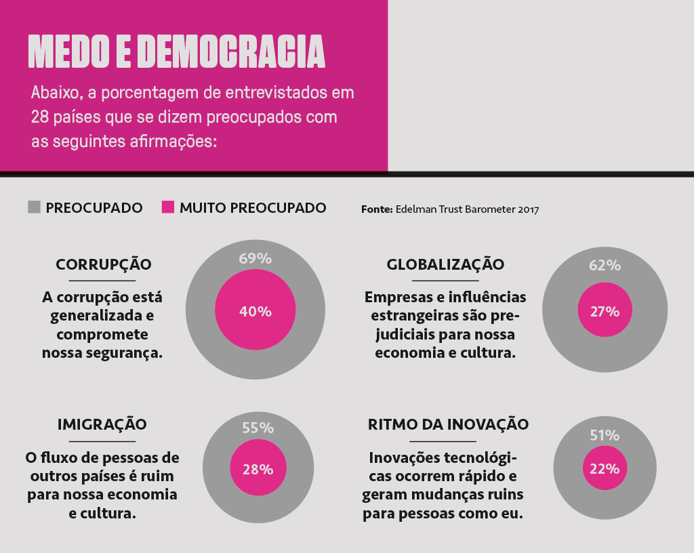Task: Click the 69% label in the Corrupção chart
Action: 255,258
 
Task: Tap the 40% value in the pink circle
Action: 255,312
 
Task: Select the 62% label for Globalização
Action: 605,265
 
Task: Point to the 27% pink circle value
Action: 605,312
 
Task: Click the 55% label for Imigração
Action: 258,428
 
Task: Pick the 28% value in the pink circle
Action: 258,469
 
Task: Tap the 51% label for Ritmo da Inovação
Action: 605,435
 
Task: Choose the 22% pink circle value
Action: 605,469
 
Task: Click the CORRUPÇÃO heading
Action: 103,264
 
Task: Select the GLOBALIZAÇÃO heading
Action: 445,264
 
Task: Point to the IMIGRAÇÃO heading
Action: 102,425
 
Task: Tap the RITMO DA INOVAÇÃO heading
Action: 448,425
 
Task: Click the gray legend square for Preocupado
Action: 35,207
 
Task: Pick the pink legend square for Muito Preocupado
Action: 168,207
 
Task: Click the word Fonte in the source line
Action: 376,209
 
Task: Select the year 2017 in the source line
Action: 528,209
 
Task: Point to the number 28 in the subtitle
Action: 39,117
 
